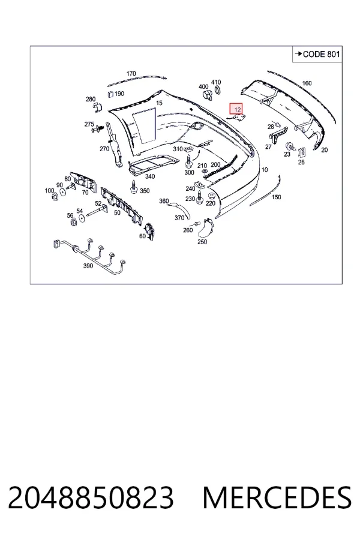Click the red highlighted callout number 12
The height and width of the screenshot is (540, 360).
tap(236, 109)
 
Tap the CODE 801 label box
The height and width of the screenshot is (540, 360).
tap(317, 54)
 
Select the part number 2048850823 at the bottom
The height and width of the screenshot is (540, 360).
tap(91, 497)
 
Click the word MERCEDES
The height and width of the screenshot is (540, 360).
tap(278, 497)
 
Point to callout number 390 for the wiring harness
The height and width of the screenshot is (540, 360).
tap(88, 266)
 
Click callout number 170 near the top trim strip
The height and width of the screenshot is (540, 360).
tap(131, 73)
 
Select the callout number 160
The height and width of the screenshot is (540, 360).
tap(307, 83)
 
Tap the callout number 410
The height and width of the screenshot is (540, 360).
tap(216, 82)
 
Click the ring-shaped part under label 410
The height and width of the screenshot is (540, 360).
tap(218, 91)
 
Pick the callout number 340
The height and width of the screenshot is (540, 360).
tap(150, 176)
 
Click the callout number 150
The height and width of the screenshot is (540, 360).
tap(276, 197)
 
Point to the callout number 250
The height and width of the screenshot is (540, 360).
tap(202, 242)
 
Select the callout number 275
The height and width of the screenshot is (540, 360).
tap(89, 124)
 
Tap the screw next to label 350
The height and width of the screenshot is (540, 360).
tap(133, 187)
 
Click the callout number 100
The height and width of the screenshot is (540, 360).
tap(50, 190)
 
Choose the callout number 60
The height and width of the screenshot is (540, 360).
tap(142, 236)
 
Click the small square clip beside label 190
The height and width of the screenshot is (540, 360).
tap(110, 94)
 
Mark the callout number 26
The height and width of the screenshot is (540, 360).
tap(301, 162)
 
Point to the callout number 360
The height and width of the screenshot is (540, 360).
tap(164, 201)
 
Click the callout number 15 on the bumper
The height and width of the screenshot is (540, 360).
tap(159, 103)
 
